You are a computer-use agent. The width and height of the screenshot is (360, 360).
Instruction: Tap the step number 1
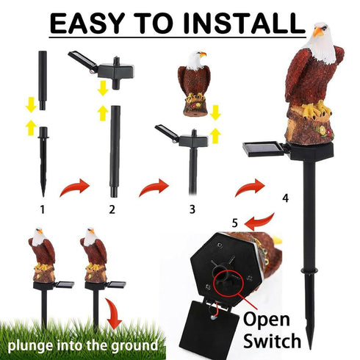point(43,209)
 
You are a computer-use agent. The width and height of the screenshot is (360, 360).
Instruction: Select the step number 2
point(112,209)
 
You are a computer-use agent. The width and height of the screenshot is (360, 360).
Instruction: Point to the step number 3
point(192,209)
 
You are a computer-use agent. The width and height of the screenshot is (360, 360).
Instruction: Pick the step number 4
point(284,198)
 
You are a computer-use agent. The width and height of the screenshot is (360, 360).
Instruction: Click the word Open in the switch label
point(273,319)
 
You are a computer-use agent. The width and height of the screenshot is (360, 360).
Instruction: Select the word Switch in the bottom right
point(273,341)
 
